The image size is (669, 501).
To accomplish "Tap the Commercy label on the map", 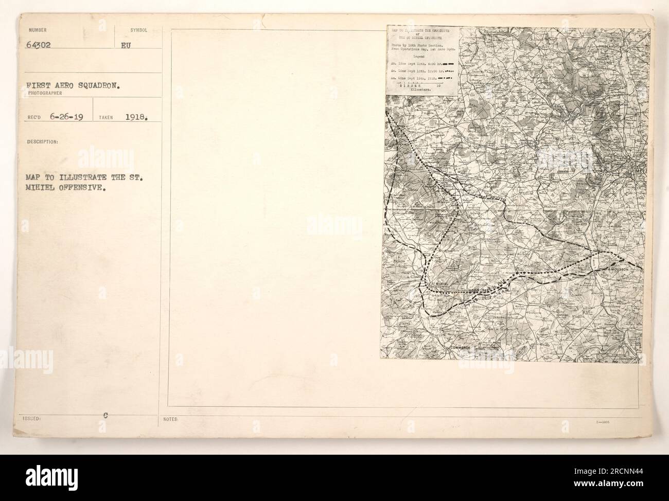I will tap(461, 348).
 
